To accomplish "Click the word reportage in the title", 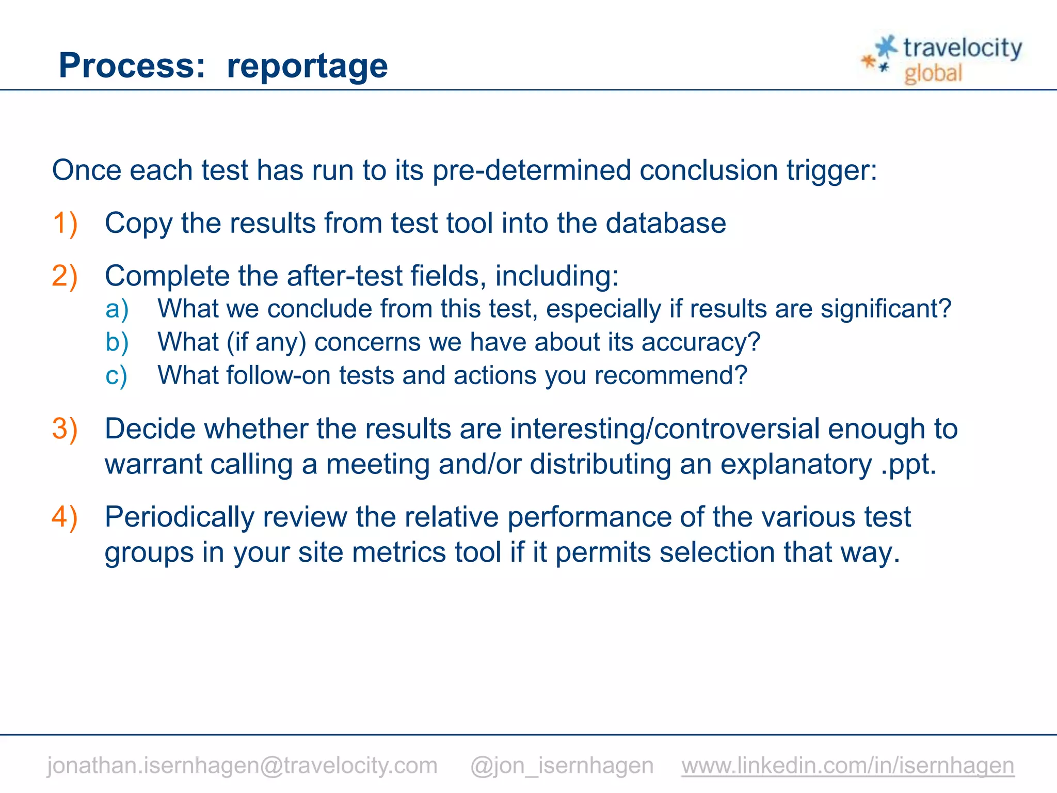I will pos(307,66).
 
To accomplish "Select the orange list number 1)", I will pos(65,224).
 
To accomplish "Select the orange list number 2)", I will pos(65,276).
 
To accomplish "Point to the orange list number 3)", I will pos(65,429).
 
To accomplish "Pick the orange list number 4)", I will pos(65,517).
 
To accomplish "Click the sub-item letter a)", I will pos(117,309).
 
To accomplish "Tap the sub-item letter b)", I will pos(117,342).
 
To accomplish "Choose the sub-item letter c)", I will pos(116,376).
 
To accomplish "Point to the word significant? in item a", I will pos(886,309).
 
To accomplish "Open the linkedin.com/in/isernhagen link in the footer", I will pos(847,765).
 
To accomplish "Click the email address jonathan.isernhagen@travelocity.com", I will pos(242,765).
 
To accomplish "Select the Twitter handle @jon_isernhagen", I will pos(562,765).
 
